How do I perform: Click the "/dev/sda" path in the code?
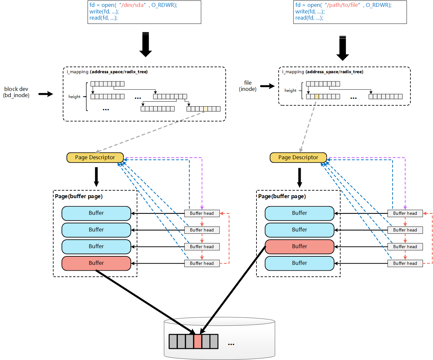coord(132,5)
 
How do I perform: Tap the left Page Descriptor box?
coord(95,157)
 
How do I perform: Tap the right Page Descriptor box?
coord(298,157)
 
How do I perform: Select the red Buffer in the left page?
coord(96,263)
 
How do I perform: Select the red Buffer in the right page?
coord(300,247)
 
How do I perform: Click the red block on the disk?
coord(197,341)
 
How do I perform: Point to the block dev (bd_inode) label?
coord(16,92)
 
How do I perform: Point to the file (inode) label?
coord(248,86)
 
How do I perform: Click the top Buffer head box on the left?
coord(202,213)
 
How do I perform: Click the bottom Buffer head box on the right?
coord(405,263)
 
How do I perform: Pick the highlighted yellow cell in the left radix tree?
coord(206,109)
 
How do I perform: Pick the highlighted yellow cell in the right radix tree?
coord(317,96)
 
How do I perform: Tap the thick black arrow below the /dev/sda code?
coord(146,44)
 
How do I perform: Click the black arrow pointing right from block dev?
coord(46,94)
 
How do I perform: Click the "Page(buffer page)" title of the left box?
coord(79,196)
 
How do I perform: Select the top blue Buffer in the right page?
coord(300,213)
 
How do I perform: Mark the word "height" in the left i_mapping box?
coord(74,97)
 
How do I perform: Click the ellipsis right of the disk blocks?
coord(231,344)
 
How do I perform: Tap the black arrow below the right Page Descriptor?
coord(300,178)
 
